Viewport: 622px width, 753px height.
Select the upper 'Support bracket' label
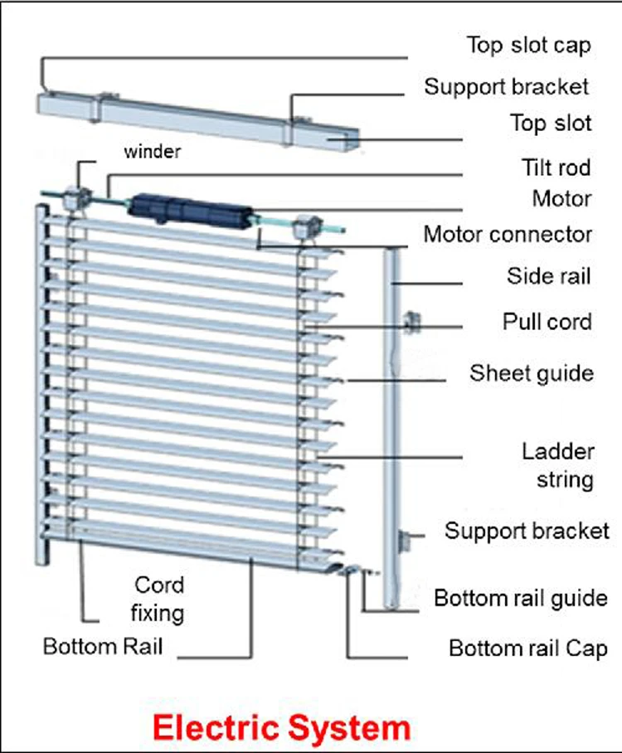[x=507, y=85]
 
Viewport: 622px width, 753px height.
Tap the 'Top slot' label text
[x=551, y=124]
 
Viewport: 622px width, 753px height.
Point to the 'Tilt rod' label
[x=551, y=168]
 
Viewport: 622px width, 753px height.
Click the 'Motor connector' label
[x=508, y=234]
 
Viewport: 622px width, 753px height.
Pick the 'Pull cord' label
[x=547, y=321]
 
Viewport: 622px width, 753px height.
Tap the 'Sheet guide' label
[x=532, y=372]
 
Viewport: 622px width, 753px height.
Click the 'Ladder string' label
[x=557, y=465]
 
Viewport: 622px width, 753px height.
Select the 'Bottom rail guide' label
[x=521, y=597]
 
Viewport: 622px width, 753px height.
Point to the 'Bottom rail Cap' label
[x=528, y=648]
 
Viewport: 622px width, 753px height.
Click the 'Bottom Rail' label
[x=103, y=646]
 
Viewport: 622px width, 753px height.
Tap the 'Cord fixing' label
[x=159, y=599]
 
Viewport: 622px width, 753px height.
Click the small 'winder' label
[x=152, y=152]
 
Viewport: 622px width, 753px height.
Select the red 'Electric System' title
[x=282, y=727]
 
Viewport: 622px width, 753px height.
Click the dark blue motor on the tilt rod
[x=190, y=208]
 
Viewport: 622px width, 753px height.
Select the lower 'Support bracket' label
[x=527, y=531]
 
